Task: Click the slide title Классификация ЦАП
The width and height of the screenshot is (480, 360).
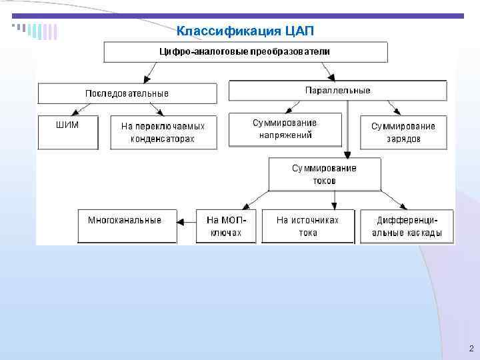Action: coord(244,31)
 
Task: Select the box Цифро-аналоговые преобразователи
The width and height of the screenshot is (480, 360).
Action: coord(245,52)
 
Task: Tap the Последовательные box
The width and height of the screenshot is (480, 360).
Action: coord(127,93)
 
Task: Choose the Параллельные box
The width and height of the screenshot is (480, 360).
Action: coord(337,91)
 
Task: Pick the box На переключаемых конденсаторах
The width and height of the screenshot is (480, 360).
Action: coord(163,132)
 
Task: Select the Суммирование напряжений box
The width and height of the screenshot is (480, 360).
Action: coord(285,129)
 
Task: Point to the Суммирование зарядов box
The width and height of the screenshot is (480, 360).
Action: coord(403,132)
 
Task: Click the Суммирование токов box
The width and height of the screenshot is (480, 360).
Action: coord(324,174)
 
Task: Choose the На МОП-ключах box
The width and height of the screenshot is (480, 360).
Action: coord(227,226)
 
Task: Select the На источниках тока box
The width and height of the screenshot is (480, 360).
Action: coord(308,226)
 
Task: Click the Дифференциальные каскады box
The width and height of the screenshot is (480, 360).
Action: coord(407,226)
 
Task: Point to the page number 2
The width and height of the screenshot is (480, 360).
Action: coord(471,349)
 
